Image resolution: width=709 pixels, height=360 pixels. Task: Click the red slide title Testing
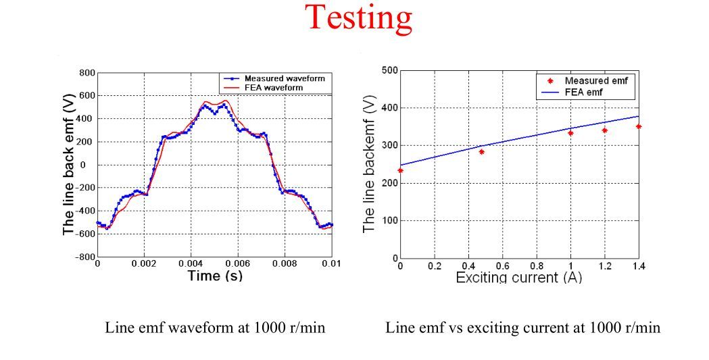pyautogui.click(x=359, y=18)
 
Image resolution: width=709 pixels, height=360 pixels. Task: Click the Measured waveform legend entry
pyautogui.click(x=284, y=78)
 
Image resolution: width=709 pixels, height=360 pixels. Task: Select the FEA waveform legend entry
pyautogui.click(x=274, y=87)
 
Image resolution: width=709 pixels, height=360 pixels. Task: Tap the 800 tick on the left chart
pyautogui.click(x=87, y=73)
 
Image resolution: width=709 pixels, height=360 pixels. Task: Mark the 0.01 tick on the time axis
pyautogui.click(x=331, y=264)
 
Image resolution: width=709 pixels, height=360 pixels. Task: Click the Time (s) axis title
pyautogui.click(x=214, y=276)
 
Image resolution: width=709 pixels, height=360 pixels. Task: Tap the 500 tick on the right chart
pyautogui.click(x=389, y=70)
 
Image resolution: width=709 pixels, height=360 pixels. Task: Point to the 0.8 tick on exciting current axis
pyautogui.click(x=537, y=266)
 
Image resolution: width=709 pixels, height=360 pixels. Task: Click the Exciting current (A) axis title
pyautogui.click(x=518, y=278)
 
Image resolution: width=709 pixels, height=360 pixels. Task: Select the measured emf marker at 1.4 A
pyautogui.click(x=639, y=126)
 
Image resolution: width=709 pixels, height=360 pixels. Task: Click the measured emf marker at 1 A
pyautogui.click(x=570, y=133)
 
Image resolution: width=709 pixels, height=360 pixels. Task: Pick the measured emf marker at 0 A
pyautogui.click(x=400, y=170)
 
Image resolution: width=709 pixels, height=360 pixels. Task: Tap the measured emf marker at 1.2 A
pyautogui.click(x=605, y=130)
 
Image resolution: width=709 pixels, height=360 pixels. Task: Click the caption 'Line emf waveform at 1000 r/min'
pyautogui.click(x=215, y=328)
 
